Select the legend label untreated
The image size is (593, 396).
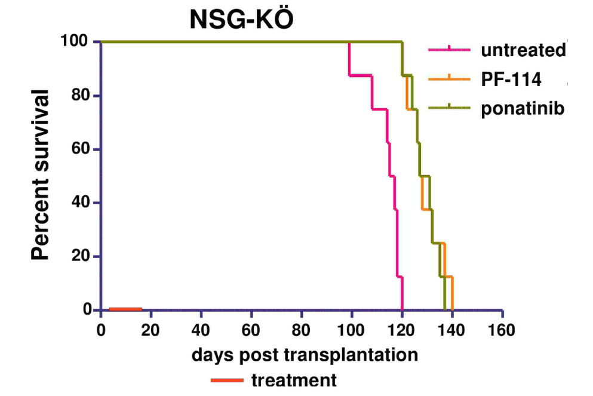[523, 50]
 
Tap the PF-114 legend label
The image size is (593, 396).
[511, 78]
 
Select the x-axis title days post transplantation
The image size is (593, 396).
[304, 355]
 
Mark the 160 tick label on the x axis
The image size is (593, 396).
[502, 329]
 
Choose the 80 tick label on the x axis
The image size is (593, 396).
[302, 329]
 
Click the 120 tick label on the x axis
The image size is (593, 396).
[401, 329]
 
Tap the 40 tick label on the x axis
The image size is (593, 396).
[201, 329]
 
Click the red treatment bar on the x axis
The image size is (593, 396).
[125, 309]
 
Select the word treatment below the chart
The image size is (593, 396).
[293, 380]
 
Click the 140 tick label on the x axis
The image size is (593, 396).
[451, 329]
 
